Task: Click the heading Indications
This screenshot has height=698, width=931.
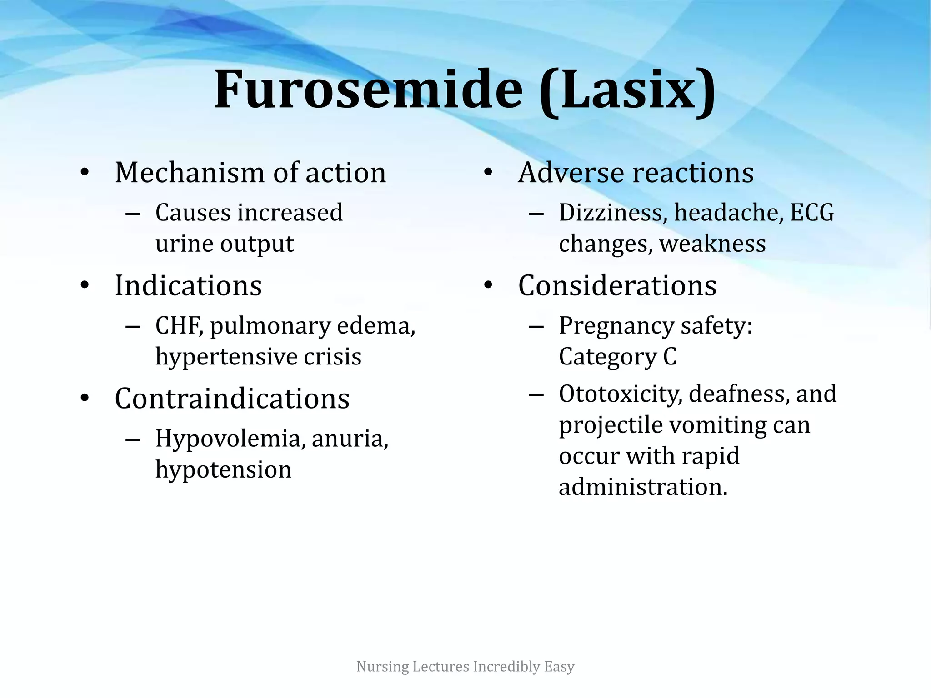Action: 188,286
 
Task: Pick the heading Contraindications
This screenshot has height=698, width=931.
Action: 232,399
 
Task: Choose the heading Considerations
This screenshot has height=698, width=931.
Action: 617,286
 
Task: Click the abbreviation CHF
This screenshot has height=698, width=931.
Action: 179,326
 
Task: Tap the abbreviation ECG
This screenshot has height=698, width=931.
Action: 812,213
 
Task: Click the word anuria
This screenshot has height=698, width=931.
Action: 350,439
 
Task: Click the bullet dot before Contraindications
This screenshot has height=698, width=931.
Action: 85,399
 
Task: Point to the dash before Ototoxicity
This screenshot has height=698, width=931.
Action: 536,394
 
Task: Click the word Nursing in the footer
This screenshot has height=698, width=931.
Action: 382,667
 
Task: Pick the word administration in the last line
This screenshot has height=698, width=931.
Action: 643,487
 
